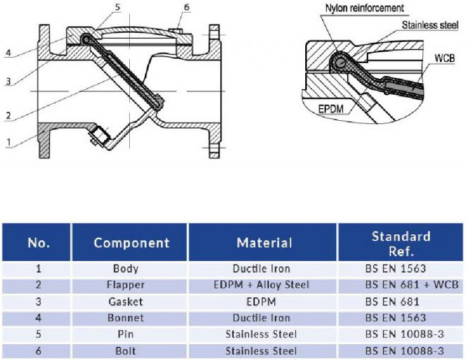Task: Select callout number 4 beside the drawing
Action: coord(8,53)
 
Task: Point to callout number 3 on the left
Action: coord(8,81)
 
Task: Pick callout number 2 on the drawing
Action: coord(8,115)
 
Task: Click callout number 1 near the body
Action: coord(8,143)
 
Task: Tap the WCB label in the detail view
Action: coord(444,58)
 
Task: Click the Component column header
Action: coord(131,243)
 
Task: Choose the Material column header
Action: coord(264,243)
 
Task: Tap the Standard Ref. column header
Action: coord(400,242)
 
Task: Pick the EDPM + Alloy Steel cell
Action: coord(262,285)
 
